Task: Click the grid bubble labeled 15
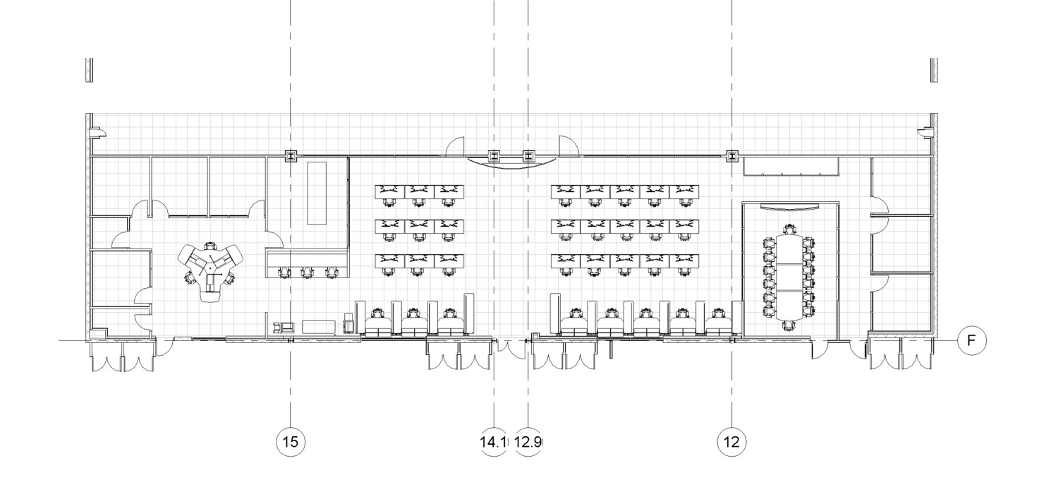(291, 442)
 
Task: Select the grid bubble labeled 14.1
(494, 442)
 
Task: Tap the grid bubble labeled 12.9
(528, 442)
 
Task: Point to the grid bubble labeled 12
(731, 442)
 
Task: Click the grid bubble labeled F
(971, 340)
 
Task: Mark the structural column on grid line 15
(291, 155)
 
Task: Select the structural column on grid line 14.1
(494, 155)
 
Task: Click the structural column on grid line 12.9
(528, 155)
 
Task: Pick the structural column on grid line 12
(731, 155)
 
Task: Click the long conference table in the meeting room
(789, 277)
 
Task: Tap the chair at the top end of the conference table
(789, 229)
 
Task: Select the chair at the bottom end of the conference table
(789, 325)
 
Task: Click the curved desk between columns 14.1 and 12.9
(511, 162)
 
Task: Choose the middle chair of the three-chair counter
(307, 272)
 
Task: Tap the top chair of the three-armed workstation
(209, 246)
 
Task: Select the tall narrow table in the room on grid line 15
(317, 193)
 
